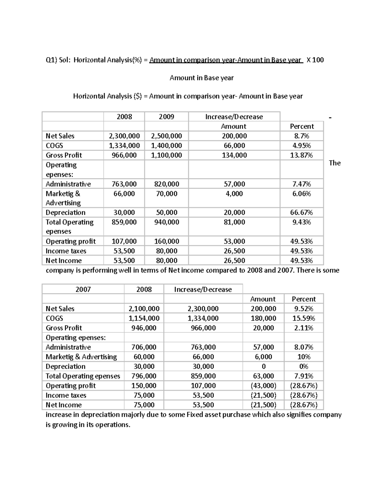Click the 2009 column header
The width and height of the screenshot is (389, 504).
(166, 117)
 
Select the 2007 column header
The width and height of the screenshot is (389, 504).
(83, 289)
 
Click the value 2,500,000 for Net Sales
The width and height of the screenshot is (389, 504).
(166, 136)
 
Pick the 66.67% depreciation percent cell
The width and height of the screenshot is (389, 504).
(301, 213)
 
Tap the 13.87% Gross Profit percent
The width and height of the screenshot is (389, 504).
(301, 155)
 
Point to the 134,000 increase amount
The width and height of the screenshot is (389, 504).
(234, 155)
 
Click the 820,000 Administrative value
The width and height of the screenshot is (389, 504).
(166, 184)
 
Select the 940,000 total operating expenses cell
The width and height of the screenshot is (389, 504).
(166, 222)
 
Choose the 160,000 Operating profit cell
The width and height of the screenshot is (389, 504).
(166, 241)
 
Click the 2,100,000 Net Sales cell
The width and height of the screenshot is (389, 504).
(144, 309)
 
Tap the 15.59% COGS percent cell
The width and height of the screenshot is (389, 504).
(304, 318)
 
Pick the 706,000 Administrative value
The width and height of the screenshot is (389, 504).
(144, 347)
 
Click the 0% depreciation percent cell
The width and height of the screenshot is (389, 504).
(304, 366)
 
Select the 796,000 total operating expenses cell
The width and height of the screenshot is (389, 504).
(144, 376)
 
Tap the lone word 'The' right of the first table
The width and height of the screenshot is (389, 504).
(335, 163)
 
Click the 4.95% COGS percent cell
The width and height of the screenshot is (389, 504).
(301, 146)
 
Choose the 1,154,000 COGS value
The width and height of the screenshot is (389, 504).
(144, 318)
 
